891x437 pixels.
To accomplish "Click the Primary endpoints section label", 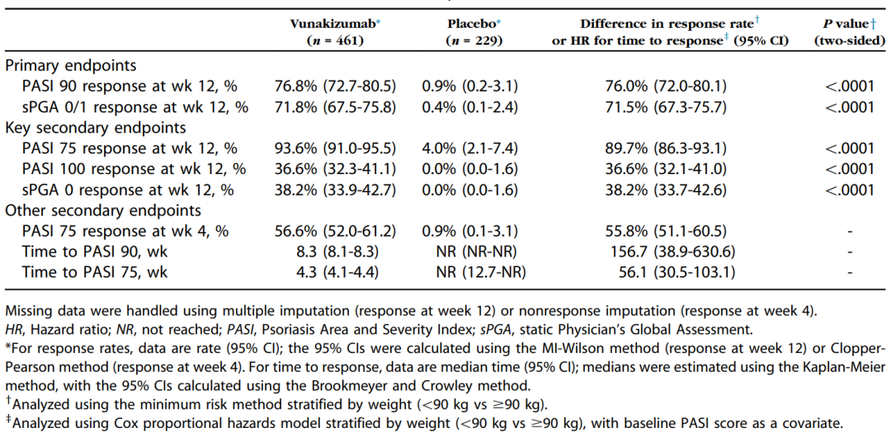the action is click(x=71, y=65).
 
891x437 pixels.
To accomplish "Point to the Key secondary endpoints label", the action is click(x=91, y=127).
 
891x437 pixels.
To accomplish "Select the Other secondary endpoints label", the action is click(x=103, y=210).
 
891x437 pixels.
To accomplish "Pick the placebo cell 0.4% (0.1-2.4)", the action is click(x=470, y=106).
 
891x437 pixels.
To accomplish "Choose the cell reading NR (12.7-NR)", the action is click(x=480, y=273).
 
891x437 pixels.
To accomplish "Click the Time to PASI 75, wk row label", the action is click(x=96, y=273).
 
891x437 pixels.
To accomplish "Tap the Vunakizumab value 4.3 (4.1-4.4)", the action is click(x=349, y=273).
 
